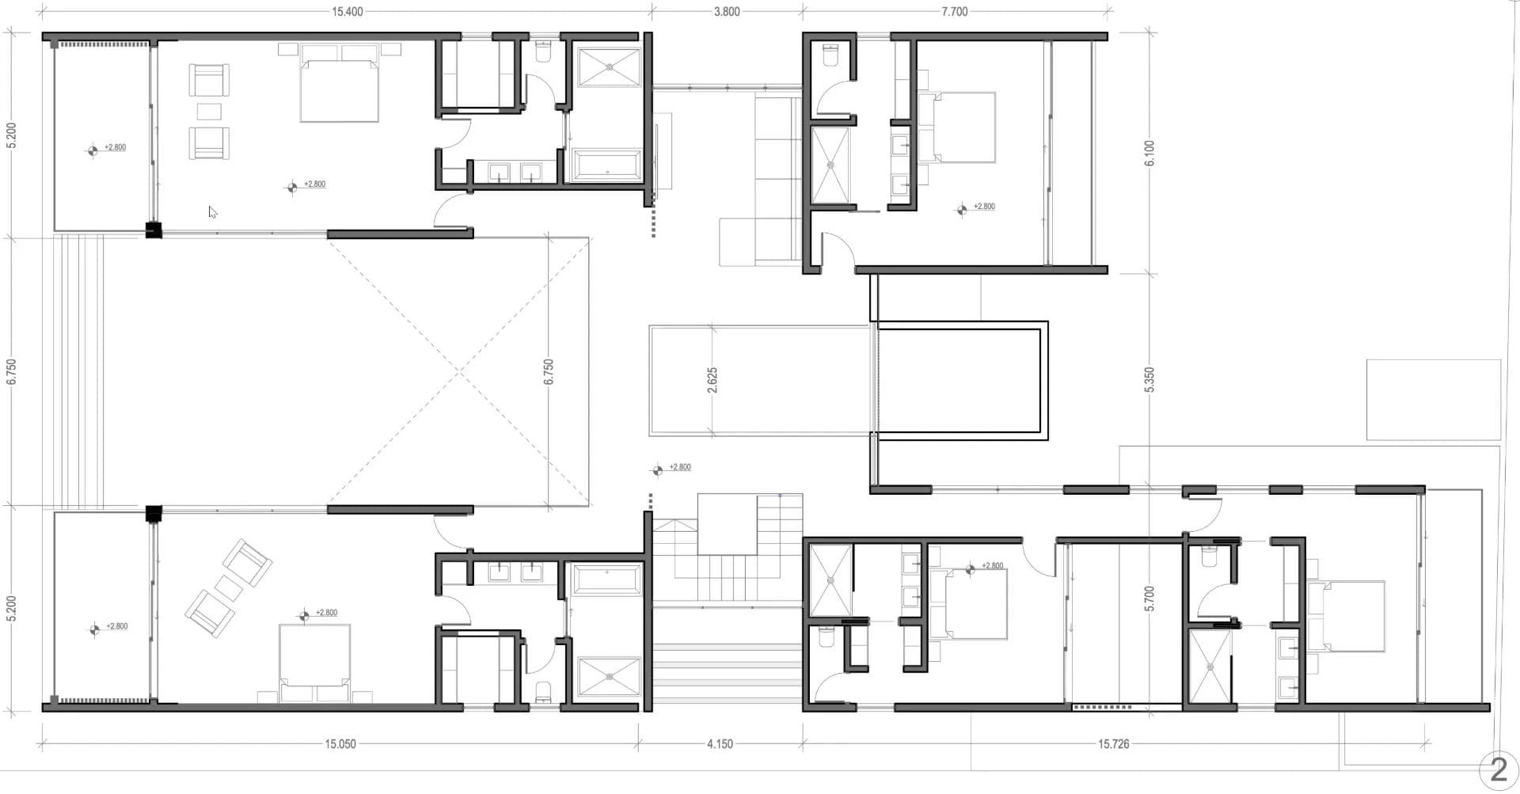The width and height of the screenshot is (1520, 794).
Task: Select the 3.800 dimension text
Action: [727, 12]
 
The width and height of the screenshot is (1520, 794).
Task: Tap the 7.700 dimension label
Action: [955, 12]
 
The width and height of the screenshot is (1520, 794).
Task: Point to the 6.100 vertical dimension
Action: [1149, 153]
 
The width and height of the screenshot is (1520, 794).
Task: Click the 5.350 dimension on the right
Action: [1149, 379]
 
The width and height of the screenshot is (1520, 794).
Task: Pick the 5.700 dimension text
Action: [1149, 598]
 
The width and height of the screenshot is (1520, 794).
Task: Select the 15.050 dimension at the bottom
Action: [340, 744]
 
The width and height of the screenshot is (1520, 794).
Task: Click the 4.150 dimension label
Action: [720, 744]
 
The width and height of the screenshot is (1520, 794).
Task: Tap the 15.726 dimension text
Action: [1113, 744]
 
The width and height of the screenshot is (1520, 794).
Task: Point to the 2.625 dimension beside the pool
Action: [712, 380]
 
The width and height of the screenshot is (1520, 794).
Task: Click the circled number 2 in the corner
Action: [1499, 770]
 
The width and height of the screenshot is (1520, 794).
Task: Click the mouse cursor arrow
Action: [212, 212]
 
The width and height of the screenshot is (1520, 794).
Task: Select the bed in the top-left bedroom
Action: [340, 83]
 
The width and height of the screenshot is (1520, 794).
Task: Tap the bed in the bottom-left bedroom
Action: [315, 663]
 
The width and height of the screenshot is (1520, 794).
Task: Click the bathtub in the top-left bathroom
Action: [606, 165]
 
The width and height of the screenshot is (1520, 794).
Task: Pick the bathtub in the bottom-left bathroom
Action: [606, 579]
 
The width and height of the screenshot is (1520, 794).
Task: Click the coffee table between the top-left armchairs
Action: [210, 111]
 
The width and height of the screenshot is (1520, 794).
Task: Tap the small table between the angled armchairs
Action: [230, 588]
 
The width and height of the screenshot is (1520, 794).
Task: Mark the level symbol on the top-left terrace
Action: [93, 150]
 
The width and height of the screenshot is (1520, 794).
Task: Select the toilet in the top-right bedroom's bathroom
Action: [830, 55]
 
